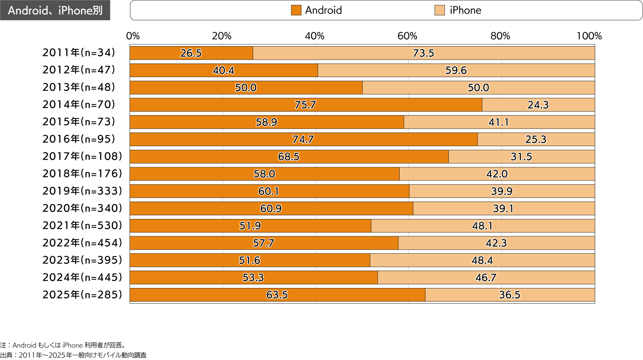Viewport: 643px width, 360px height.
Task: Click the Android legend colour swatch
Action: (x=296, y=10)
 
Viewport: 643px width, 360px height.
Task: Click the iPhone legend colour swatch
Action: (x=440, y=10)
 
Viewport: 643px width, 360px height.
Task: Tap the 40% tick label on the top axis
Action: (x=315, y=36)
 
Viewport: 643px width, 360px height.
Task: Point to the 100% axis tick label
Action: (x=589, y=36)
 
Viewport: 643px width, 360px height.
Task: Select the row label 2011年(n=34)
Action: (x=79, y=53)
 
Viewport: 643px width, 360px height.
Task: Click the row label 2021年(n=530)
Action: (x=82, y=225)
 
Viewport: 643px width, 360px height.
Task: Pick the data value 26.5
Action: (x=191, y=53)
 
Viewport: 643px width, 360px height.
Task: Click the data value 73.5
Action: (x=423, y=53)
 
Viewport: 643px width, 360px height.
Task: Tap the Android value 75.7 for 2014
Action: (x=305, y=105)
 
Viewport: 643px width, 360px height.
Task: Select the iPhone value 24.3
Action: (x=538, y=105)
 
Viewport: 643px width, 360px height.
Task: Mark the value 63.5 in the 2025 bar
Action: (x=277, y=295)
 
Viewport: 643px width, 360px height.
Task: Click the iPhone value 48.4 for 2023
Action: (x=482, y=260)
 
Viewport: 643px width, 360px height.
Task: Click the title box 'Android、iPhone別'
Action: (x=55, y=10)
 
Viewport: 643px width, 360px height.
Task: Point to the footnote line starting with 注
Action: (x=63, y=345)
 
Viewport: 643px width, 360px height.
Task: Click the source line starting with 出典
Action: (x=73, y=355)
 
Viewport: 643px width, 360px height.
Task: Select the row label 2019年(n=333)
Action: (x=82, y=191)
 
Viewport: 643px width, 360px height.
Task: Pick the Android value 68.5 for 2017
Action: (x=289, y=157)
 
